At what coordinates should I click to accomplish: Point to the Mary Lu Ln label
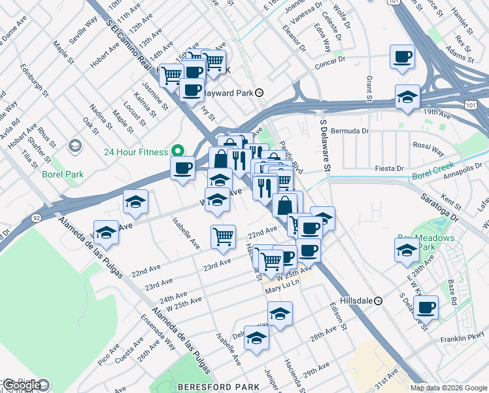[x=282, y=282]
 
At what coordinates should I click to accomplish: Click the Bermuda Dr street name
[x=352, y=130]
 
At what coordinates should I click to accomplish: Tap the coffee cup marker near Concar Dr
[x=403, y=56]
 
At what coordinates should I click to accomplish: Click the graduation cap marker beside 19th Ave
[x=407, y=98]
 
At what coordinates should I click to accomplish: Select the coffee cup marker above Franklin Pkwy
[x=426, y=307]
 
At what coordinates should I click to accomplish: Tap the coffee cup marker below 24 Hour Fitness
[x=182, y=168]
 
